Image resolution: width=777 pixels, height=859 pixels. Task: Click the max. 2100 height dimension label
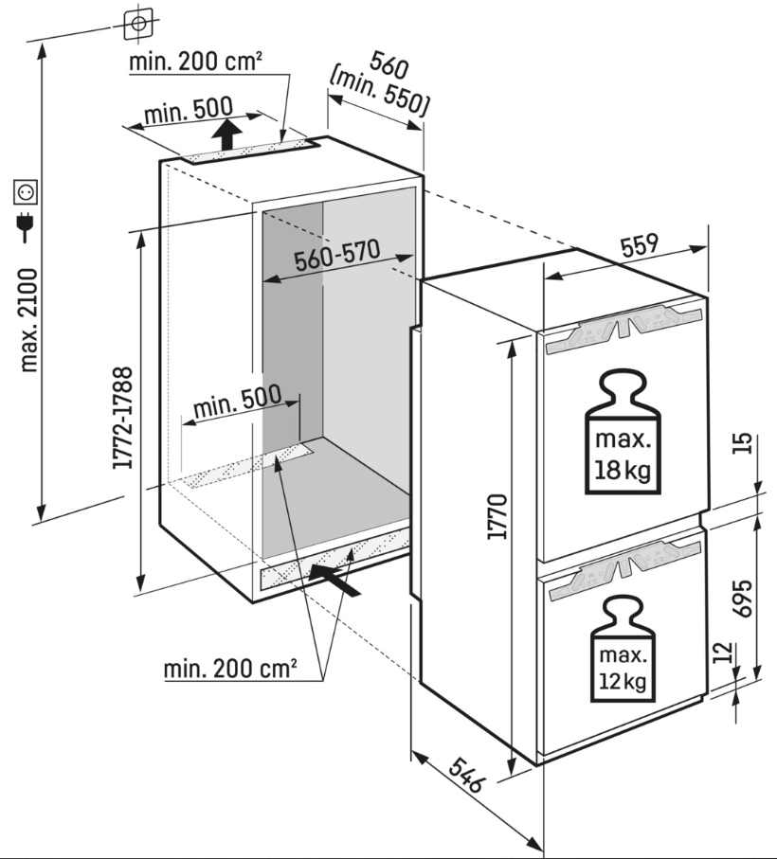pos(29,319)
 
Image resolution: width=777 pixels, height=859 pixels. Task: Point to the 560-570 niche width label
pos(335,258)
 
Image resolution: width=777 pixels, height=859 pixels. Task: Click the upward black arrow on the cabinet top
pos(226,134)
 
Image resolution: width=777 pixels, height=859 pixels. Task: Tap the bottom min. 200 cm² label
pos(230,670)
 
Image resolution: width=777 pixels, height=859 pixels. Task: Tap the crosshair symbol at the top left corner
pos(138,21)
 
